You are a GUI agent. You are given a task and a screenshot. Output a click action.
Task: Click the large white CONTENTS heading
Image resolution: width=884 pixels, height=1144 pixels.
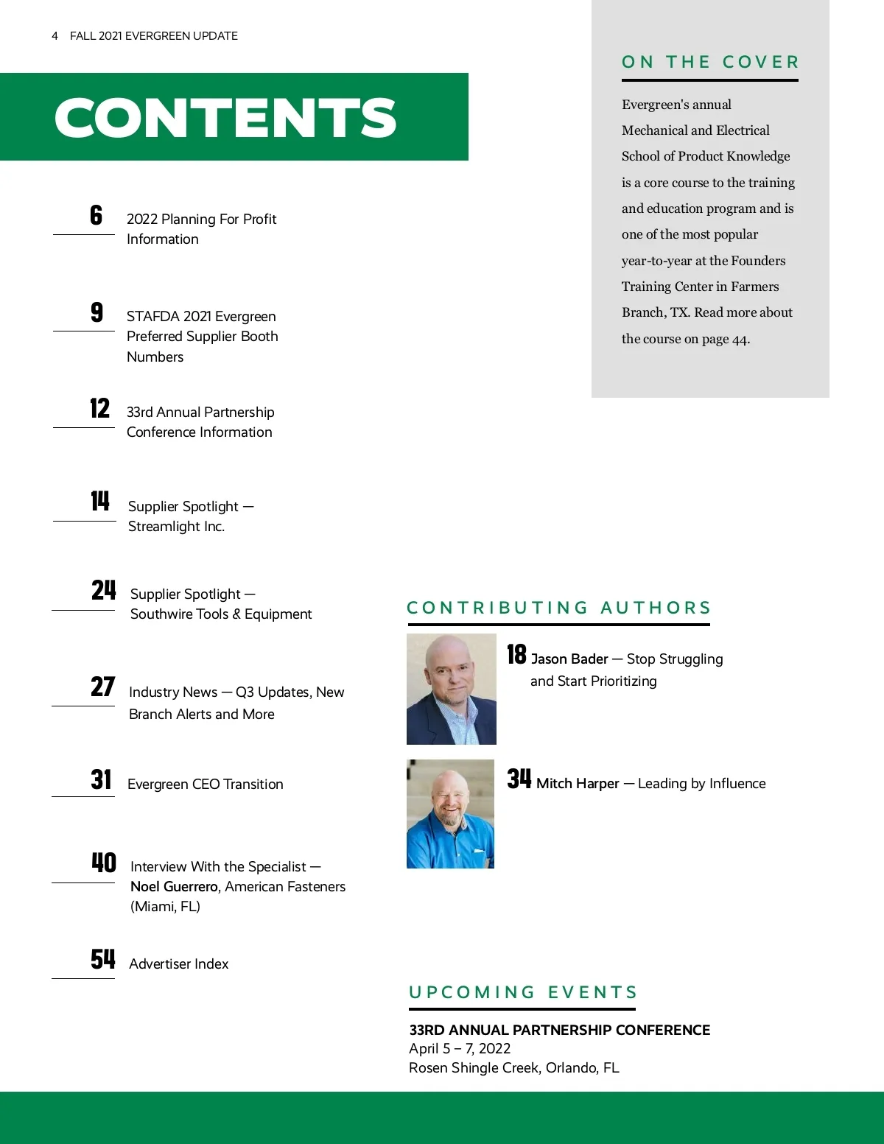(x=225, y=118)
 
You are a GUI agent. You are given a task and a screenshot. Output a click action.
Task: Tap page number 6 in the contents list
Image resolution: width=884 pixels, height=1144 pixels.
(x=96, y=215)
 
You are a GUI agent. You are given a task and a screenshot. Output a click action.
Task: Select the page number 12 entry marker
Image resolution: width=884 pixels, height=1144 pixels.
(x=99, y=408)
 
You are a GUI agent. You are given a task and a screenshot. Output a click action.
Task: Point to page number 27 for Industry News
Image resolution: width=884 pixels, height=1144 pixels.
(x=102, y=687)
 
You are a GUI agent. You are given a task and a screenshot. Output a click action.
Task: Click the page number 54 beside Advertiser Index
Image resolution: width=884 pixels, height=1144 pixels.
(x=102, y=959)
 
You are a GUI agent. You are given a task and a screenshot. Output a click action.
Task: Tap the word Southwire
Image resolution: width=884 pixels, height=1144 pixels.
(x=161, y=614)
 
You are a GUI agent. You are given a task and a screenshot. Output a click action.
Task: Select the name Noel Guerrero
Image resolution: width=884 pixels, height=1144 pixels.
(x=174, y=887)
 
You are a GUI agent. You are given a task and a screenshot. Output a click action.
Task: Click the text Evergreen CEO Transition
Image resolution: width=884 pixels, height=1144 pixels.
(x=205, y=785)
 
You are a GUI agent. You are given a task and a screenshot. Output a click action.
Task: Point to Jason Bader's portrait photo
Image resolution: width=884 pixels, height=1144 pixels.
(x=451, y=689)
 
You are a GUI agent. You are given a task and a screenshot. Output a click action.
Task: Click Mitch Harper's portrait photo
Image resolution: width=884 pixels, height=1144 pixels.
(x=450, y=814)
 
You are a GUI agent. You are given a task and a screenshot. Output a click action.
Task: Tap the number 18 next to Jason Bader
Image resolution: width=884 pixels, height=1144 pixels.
(x=516, y=654)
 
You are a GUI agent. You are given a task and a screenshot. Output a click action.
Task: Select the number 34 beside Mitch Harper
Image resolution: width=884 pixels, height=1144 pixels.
(x=519, y=779)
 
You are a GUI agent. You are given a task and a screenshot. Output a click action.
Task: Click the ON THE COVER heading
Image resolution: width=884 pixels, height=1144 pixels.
(x=710, y=62)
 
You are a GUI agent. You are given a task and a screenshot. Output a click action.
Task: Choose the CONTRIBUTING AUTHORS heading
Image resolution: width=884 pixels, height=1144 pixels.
(x=558, y=608)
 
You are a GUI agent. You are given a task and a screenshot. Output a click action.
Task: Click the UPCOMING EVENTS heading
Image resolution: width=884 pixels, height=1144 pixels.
(x=523, y=992)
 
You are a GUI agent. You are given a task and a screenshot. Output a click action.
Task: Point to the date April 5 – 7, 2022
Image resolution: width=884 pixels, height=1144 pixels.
(x=460, y=1049)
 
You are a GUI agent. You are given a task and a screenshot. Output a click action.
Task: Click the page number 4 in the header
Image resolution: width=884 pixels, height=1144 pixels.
(x=55, y=36)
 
